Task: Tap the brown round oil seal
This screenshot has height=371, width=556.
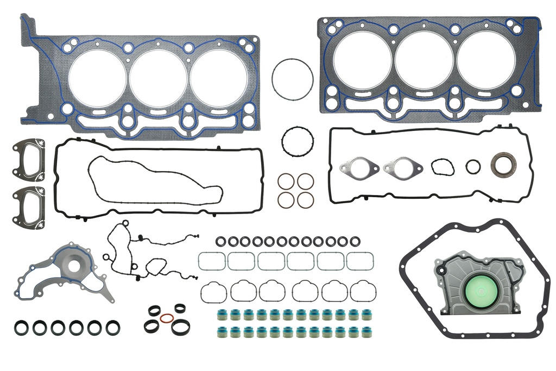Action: [503, 165]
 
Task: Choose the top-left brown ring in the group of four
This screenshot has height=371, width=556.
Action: [286, 181]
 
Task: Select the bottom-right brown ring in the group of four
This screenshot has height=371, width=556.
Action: [305, 199]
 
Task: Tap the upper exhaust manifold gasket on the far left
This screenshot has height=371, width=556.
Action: [28, 160]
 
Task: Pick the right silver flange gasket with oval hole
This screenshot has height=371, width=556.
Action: [402, 167]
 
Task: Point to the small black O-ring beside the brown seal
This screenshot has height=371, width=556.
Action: [473, 166]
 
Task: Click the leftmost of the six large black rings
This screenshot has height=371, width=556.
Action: [22, 328]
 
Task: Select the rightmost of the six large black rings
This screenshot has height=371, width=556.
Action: [113, 328]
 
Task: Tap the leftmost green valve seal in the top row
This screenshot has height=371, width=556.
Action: [222, 315]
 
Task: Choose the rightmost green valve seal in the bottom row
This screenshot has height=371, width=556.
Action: [367, 332]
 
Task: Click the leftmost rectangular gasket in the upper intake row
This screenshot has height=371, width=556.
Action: [211, 261]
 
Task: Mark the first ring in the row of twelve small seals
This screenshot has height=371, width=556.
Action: [220, 241]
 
